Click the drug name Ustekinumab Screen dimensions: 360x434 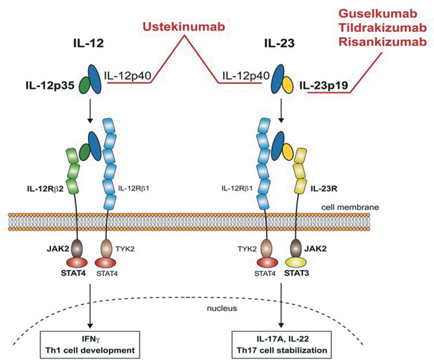click(x=184, y=26)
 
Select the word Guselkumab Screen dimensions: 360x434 click(x=378, y=13)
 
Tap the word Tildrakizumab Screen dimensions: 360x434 click(x=382, y=27)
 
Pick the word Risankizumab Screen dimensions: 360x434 click(x=382, y=41)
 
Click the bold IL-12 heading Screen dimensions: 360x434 click(x=88, y=43)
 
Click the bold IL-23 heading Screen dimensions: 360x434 click(x=279, y=43)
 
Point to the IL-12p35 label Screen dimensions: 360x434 click(x=50, y=85)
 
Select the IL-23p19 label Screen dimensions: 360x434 click(x=324, y=85)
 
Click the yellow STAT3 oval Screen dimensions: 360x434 click(x=296, y=262)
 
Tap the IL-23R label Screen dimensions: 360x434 click(x=324, y=188)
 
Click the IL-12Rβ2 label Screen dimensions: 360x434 click(x=45, y=188)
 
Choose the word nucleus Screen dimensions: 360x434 click(x=222, y=308)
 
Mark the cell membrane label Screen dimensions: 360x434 click(x=350, y=207)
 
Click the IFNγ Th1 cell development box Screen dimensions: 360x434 click(x=90, y=345)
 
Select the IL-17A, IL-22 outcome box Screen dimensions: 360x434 click(x=282, y=345)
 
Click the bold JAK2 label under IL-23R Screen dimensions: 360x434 click(x=315, y=249)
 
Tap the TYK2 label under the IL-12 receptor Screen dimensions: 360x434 click(x=125, y=249)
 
